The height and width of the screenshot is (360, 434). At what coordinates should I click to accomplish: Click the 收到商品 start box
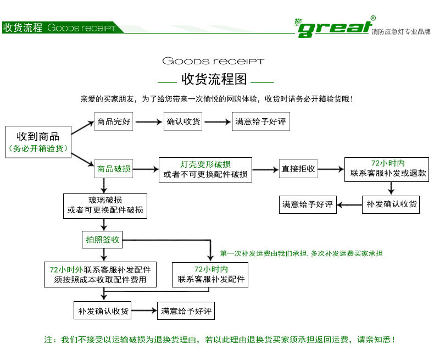coord(38,142)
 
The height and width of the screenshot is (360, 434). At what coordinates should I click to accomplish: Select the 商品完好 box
coord(114,122)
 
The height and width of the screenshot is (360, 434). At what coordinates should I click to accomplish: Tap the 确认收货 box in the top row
coord(183,122)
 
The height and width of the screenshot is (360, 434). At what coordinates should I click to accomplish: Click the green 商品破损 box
coord(114,169)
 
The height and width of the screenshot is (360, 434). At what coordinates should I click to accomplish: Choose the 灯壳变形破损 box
coord(205,170)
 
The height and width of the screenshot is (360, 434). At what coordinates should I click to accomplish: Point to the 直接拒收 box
coord(298,169)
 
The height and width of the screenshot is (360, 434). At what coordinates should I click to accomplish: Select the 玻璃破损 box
coord(105,204)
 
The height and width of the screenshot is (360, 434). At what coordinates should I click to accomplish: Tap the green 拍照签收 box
coord(103,240)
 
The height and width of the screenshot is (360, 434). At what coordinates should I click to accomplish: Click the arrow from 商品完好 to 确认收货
coord(148,122)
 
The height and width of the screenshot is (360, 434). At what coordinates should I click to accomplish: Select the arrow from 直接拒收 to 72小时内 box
coord(330,169)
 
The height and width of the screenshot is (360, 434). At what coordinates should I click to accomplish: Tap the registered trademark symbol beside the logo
coord(373,18)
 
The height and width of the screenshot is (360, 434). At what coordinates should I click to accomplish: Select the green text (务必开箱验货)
coord(38,148)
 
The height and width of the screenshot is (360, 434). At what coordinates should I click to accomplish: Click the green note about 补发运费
coord(301,253)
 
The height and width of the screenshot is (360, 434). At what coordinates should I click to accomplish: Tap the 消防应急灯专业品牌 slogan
coord(400,31)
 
